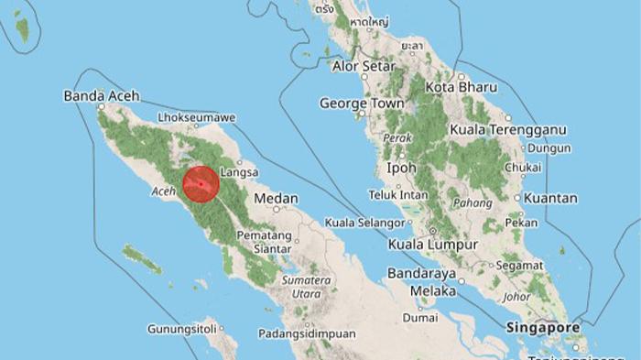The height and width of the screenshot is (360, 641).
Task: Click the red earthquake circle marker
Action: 200,184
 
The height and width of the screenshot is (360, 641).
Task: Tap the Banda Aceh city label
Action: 100,96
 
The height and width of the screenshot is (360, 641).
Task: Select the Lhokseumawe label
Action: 197,118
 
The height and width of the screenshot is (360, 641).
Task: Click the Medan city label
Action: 276,198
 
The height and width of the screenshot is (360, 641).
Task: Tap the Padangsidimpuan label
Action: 306,333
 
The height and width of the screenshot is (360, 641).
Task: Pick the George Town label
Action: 361,104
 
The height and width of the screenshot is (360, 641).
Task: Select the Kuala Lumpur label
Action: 432,245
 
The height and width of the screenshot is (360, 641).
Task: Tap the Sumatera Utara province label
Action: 306,287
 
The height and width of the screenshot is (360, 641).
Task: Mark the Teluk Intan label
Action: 398,194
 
